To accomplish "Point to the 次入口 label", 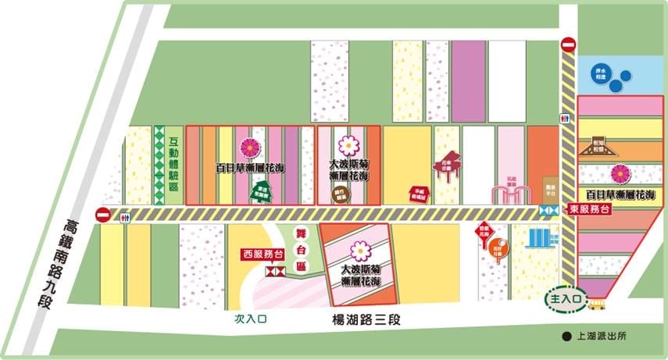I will (x=251, y=319).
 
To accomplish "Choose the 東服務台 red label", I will (x=588, y=209).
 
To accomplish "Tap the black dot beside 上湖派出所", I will (x=565, y=337).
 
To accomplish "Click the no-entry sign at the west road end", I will (x=103, y=215).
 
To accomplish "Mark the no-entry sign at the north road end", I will (x=569, y=46).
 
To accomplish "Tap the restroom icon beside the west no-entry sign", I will (x=125, y=219).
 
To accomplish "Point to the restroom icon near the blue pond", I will (x=564, y=118).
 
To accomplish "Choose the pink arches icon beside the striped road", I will (x=509, y=194).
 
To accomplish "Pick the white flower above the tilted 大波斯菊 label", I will (x=360, y=251).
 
